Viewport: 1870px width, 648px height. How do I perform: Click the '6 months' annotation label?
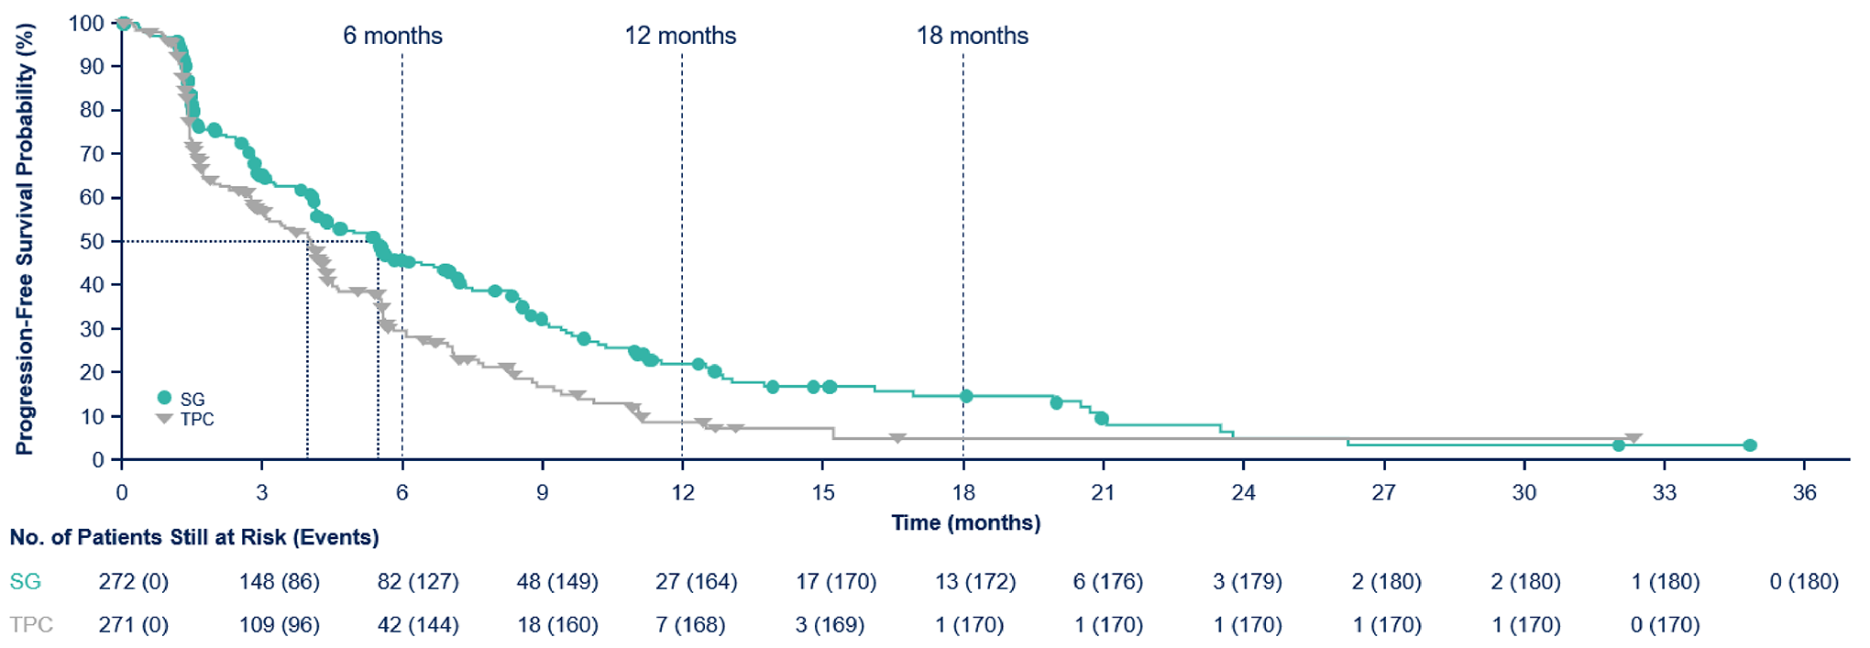[392, 36]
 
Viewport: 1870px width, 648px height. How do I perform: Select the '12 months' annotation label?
[680, 36]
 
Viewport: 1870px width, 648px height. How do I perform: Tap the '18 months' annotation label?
[972, 36]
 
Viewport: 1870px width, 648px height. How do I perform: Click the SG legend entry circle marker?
[165, 398]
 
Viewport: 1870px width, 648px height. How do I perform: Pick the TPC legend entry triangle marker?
[165, 419]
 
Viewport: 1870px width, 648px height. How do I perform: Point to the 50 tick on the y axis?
[92, 242]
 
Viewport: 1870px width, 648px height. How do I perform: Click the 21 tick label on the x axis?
[1103, 493]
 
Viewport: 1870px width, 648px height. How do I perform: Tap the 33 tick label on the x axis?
[1664, 493]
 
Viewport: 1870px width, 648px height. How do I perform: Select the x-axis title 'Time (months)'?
[965, 523]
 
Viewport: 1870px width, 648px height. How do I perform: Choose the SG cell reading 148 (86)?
[279, 582]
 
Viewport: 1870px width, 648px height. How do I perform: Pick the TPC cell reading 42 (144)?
[418, 625]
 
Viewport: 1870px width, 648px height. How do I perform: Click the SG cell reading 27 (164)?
[696, 582]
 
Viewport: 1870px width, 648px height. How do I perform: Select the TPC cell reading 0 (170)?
[1665, 625]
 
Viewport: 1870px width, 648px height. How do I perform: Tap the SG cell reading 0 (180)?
[1803, 582]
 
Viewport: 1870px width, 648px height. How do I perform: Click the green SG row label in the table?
[26, 582]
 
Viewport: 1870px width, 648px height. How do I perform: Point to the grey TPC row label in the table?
[31, 625]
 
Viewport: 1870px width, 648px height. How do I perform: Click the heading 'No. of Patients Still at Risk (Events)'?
[194, 537]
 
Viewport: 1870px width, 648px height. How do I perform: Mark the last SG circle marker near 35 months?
[1749, 445]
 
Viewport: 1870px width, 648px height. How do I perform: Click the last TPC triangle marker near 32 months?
[1633, 439]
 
